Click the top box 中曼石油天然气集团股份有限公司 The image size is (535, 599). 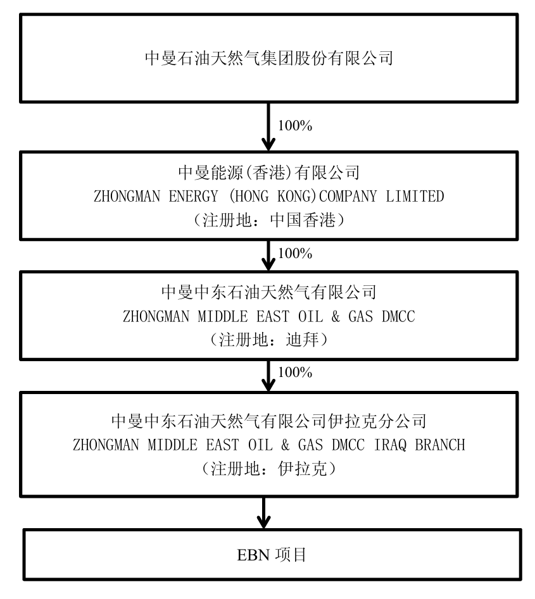coord(269,58)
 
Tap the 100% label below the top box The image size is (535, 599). coord(295,126)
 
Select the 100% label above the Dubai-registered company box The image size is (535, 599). coord(295,253)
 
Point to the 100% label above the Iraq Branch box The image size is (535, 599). coord(295,373)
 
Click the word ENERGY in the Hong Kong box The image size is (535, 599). coord(193,196)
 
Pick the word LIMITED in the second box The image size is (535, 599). coord(415,196)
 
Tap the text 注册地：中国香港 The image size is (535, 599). coord(269,220)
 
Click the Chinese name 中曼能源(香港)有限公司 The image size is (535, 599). coord(269,173)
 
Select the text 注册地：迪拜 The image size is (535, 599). coord(269,340)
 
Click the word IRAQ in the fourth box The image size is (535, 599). coord(390,445)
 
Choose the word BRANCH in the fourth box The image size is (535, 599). coord(440,445)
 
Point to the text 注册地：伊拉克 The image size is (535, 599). coord(269,469)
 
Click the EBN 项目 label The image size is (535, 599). coord(272,555)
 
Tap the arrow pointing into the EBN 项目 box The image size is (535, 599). coord(263,513)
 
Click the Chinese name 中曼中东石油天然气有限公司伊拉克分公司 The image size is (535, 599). coord(269,421)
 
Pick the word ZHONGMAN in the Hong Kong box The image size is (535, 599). coord(127,196)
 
